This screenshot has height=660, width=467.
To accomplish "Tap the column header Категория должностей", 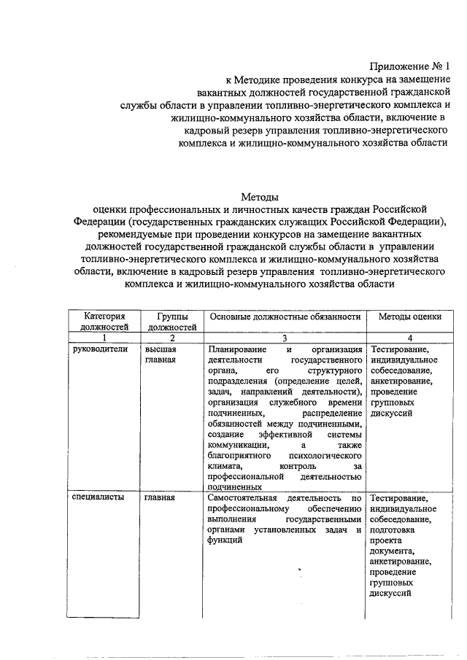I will click(x=104, y=322).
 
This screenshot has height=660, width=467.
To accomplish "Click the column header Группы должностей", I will click(x=171, y=322).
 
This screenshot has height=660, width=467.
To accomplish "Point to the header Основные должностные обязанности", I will click(x=285, y=317).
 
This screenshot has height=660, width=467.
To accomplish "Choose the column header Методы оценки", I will click(x=410, y=317).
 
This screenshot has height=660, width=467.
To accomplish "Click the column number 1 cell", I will click(x=104, y=338).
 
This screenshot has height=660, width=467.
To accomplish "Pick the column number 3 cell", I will click(x=285, y=338).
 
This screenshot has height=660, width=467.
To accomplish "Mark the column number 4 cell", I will click(x=410, y=338).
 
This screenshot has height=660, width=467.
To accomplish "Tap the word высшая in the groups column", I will click(x=160, y=349).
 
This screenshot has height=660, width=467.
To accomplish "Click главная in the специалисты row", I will click(x=160, y=497).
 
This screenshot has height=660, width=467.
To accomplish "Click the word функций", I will click(x=224, y=540).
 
